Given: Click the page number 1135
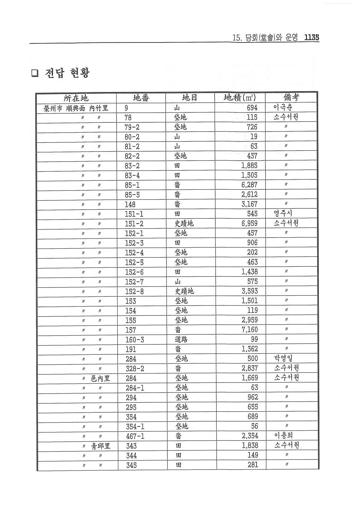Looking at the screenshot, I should [311, 37].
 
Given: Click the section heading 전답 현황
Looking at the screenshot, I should [67, 73].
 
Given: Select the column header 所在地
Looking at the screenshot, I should [76, 98].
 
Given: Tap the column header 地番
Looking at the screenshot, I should [141, 98].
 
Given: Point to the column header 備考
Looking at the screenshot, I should [291, 97].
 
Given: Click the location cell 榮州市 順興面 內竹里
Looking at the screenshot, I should [76, 108].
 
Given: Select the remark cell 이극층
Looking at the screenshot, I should [283, 108].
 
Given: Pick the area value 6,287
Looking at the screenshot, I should [249, 185].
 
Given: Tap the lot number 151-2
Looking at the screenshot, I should [134, 224].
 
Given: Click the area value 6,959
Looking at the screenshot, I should [249, 223].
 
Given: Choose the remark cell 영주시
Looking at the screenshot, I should [283, 213].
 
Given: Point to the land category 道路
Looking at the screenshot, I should [181, 339].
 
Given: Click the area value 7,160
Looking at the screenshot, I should [249, 330].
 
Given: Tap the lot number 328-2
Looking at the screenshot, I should [135, 368].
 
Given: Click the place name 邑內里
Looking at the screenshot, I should [100, 378].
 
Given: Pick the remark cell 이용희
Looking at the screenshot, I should [283, 435].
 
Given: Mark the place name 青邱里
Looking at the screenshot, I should [100, 446].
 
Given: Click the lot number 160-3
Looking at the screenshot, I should [135, 340].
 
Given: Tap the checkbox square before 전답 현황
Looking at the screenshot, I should [35, 73].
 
